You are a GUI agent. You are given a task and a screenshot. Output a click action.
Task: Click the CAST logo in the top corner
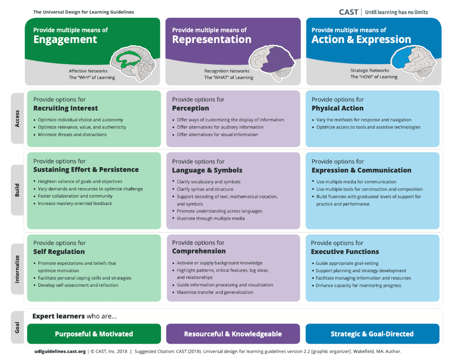pos(348,12)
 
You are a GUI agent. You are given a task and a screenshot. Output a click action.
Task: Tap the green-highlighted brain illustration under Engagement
pos(133,63)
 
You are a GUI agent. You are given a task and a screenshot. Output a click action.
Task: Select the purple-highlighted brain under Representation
pos(272,63)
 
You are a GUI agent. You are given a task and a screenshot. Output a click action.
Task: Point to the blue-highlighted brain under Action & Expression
pos(413,63)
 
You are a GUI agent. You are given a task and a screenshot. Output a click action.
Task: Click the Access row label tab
pos(17,119)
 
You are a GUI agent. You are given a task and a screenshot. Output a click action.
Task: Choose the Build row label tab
pos(17,190)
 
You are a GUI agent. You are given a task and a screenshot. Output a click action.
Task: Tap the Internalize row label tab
pos(17,269)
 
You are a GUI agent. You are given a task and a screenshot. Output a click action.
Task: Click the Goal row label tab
pos(17,328)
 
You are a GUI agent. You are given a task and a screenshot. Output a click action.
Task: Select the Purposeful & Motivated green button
pos(94,334)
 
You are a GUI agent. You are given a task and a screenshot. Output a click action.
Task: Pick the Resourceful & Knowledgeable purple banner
pos(233,334)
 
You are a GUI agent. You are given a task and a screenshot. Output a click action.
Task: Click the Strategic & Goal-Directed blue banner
pos(372,334)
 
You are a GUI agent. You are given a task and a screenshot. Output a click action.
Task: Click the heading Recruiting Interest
pos(65,108)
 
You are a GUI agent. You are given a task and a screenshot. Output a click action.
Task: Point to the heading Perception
pos(191,108)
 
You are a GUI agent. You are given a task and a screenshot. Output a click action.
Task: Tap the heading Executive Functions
pos(345,252)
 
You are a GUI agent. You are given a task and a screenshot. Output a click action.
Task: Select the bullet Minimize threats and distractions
pos(72,135)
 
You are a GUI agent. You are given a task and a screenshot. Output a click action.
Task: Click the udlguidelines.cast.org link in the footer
pos(60,351)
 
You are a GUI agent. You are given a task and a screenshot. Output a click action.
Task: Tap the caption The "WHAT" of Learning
pos(228,78)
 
